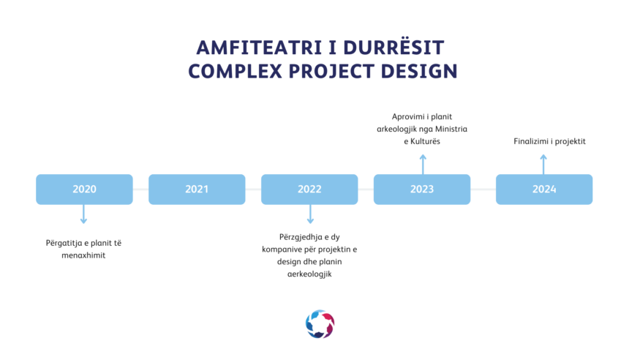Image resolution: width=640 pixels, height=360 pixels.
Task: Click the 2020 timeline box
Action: (x=85, y=190)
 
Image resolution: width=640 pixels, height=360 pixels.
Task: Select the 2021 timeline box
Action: (x=197, y=190)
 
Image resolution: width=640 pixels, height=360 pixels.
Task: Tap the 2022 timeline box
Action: (x=309, y=190)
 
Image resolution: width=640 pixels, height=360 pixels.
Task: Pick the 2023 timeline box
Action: (x=422, y=190)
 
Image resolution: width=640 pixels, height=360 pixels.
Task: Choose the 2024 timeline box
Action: (x=544, y=190)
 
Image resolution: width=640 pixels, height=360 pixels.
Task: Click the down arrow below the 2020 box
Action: (x=83, y=214)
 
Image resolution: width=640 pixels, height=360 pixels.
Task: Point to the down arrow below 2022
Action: (x=310, y=214)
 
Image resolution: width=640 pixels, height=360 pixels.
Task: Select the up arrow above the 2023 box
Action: (x=423, y=165)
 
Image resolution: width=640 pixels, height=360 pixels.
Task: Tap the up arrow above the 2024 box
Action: (x=543, y=165)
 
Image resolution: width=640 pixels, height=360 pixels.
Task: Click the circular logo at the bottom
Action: (x=320, y=324)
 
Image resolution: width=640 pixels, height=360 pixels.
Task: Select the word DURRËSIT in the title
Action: (x=394, y=47)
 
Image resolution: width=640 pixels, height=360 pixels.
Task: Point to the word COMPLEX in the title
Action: (x=235, y=72)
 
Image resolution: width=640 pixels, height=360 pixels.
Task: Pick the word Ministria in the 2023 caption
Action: (x=451, y=129)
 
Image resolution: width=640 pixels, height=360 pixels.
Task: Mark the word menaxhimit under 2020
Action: (x=83, y=255)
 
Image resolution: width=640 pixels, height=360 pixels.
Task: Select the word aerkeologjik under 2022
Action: (x=309, y=274)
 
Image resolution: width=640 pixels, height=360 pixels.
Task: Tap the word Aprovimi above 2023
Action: (x=407, y=117)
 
